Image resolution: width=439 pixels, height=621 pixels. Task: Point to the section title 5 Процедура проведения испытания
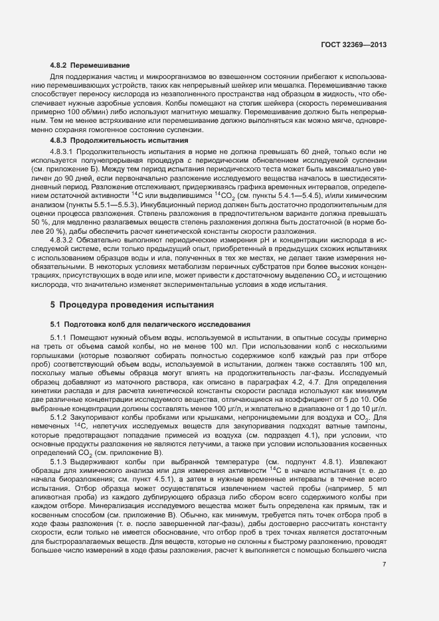[x=132, y=305]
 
